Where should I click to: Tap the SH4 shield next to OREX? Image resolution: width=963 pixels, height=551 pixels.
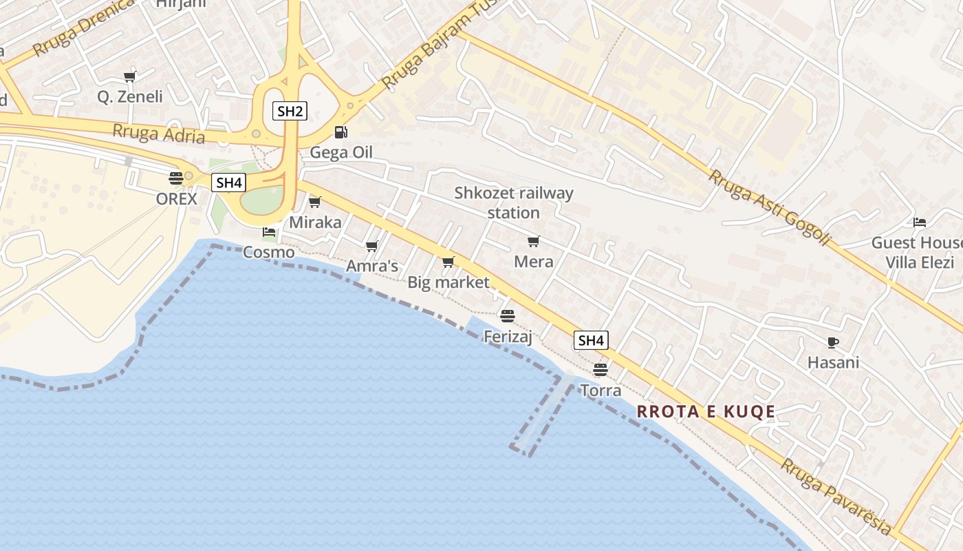[228, 183]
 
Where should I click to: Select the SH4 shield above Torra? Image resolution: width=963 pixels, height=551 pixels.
[591, 340]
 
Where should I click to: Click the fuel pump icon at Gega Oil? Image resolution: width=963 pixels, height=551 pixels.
[340, 132]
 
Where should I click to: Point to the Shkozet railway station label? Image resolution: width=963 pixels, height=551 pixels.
[513, 202]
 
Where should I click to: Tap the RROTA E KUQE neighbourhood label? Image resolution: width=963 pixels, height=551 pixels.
[706, 412]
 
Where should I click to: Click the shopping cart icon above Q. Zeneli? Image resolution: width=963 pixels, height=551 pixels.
[129, 76]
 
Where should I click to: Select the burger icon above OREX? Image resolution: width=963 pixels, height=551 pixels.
[176, 178]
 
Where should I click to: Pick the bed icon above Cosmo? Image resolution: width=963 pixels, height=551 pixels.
[269, 232]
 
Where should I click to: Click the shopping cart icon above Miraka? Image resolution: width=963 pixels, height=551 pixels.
[315, 202]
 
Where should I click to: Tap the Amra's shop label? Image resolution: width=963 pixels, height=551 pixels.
[371, 266]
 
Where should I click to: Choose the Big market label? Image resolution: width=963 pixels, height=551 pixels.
[448, 282]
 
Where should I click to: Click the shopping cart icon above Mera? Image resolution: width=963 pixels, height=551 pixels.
[533, 241]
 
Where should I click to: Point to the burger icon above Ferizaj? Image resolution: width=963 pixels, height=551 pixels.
[508, 316]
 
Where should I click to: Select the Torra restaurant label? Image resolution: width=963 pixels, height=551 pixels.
[600, 391]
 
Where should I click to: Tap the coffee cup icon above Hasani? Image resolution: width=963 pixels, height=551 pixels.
[833, 342]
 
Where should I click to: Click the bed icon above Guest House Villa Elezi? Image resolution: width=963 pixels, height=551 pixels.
[920, 222]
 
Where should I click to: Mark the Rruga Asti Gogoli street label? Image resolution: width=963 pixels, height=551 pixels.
[770, 208]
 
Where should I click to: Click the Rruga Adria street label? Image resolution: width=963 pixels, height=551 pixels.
[158, 134]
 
